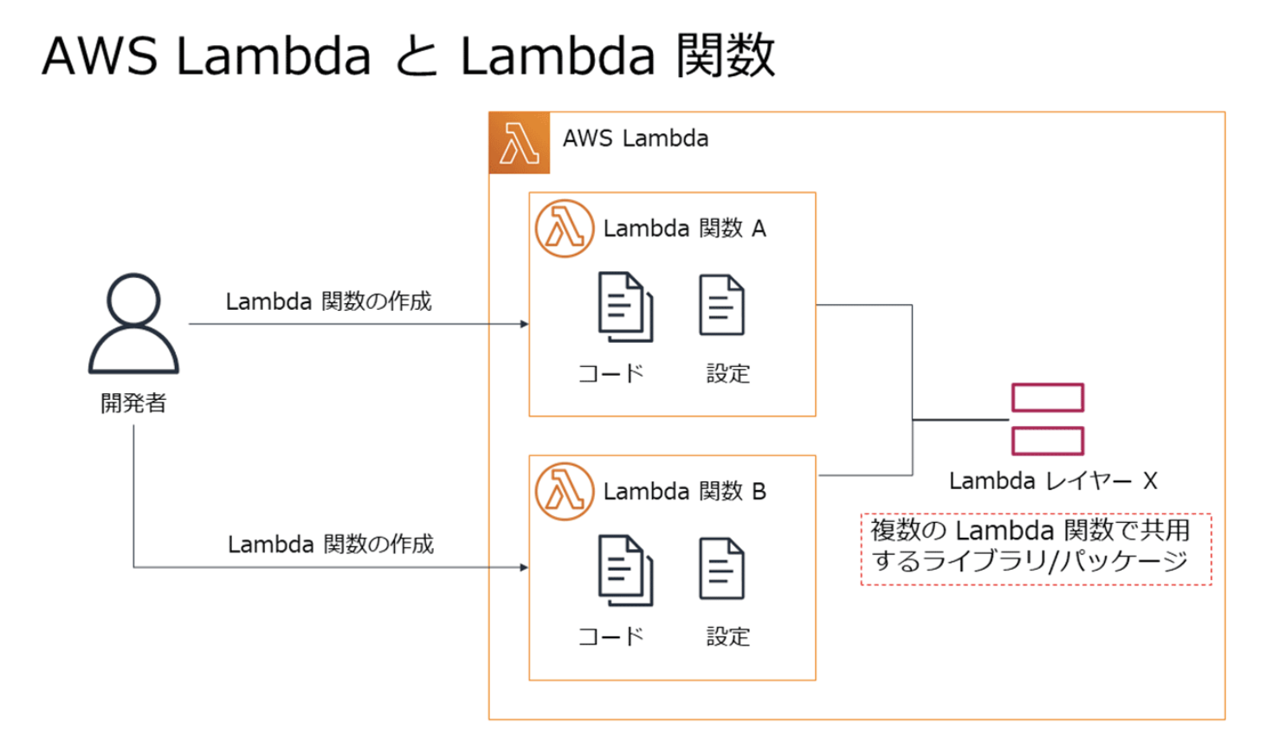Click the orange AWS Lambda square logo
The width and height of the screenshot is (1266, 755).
pos(519,143)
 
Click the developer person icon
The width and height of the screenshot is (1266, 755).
pos(133,324)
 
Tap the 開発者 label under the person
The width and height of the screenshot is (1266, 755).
pos(133,403)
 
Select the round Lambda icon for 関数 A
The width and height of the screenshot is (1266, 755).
pos(564,229)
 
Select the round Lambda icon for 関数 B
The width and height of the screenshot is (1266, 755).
pos(564,491)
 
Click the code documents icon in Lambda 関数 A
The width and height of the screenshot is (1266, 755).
pos(625,307)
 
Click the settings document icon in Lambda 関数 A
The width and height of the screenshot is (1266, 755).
pos(721,305)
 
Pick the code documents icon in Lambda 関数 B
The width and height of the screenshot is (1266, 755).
pos(625,570)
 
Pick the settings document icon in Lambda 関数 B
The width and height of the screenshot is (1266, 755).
pos(721,568)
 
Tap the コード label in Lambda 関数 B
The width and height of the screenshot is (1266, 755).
pos(611,636)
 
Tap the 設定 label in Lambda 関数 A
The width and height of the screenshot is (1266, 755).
pos(728,374)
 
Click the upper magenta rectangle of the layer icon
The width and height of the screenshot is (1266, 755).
pos(1048,397)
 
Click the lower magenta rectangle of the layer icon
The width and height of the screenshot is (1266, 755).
pos(1048,441)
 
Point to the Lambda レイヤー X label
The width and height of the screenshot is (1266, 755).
pos(1053,481)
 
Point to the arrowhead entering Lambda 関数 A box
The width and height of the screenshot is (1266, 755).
pos(524,324)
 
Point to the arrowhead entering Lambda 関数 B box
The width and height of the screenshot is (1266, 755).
pos(524,568)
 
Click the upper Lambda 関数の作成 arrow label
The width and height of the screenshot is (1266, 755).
pos(328,301)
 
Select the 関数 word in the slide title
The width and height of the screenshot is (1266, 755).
pos(725,55)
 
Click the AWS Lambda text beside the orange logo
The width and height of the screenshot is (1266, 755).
pos(636,139)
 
